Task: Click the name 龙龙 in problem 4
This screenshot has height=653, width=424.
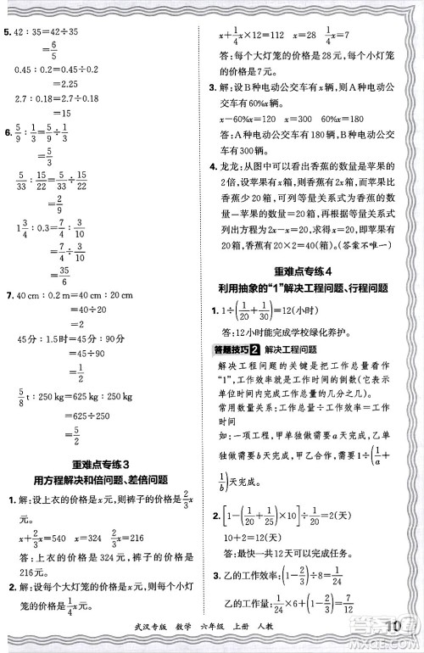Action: pyautogui.click(x=229, y=169)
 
